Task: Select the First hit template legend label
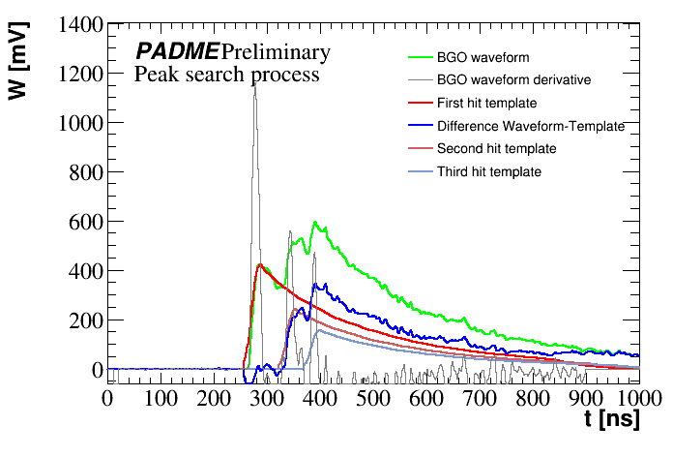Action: (x=487, y=103)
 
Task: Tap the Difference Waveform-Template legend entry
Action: (x=531, y=126)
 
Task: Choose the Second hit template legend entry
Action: (x=496, y=149)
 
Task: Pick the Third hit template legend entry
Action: (x=489, y=172)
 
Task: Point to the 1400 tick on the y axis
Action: (x=70, y=24)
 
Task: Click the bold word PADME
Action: (x=176, y=51)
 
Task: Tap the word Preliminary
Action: (x=276, y=51)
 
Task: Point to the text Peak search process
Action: (x=227, y=74)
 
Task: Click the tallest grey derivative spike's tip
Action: (x=255, y=84)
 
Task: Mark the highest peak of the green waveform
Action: (x=314, y=223)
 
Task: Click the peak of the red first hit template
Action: (x=260, y=263)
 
